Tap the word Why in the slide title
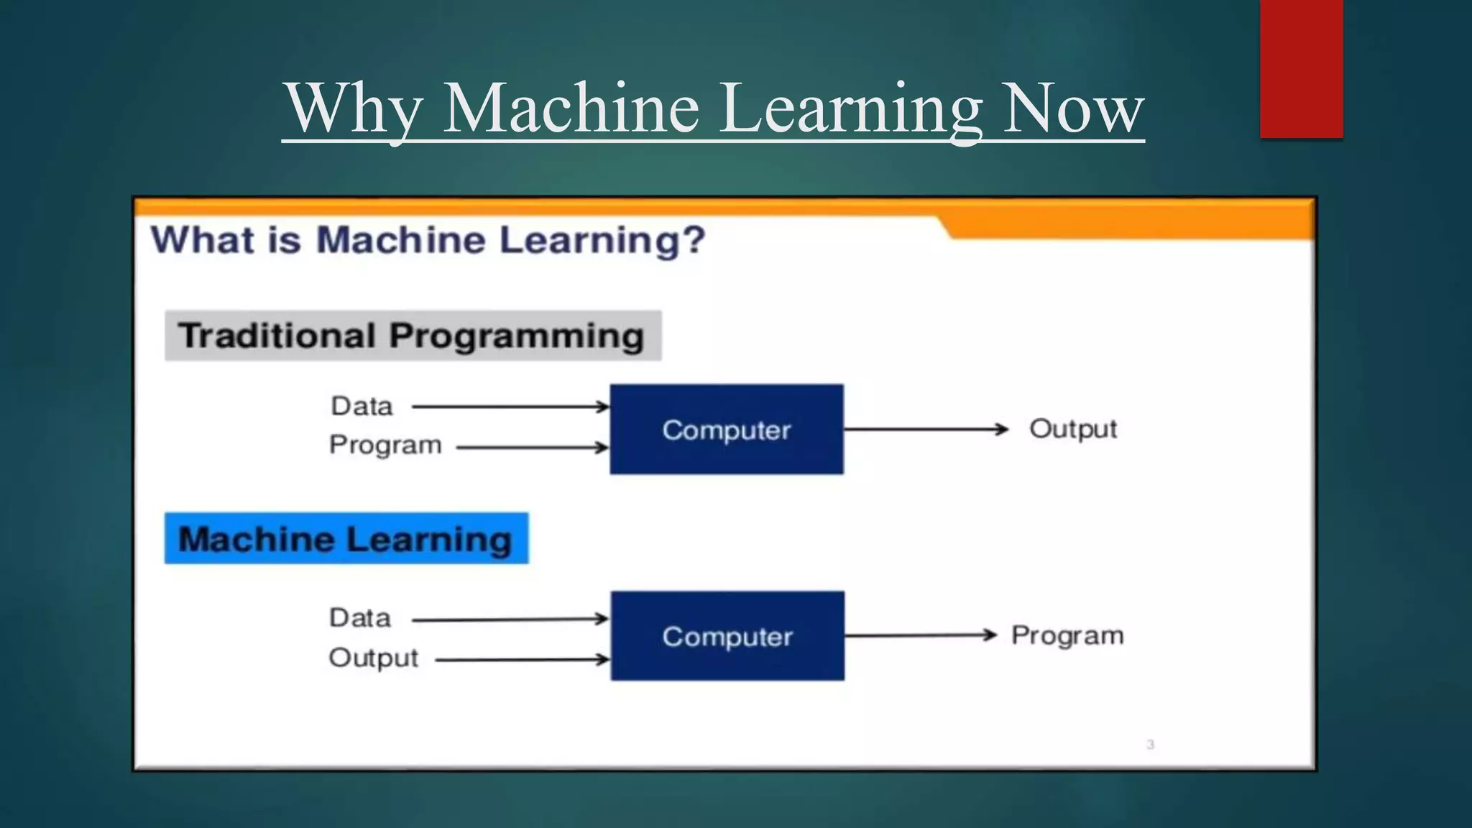(x=352, y=109)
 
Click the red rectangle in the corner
(x=1301, y=68)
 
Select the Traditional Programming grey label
(x=413, y=336)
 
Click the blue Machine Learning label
(x=346, y=538)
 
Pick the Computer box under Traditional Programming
(x=727, y=429)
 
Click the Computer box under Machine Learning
(x=727, y=636)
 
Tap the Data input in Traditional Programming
(x=362, y=406)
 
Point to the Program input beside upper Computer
(x=385, y=445)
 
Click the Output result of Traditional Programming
(x=1073, y=428)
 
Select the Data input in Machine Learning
(x=360, y=618)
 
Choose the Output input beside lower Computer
(x=373, y=658)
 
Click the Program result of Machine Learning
(x=1067, y=635)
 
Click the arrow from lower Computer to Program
(x=920, y=635)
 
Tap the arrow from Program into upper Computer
(x=532, y=448)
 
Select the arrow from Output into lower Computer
(x=522, y=659)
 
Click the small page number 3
(x=1150, y=745)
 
